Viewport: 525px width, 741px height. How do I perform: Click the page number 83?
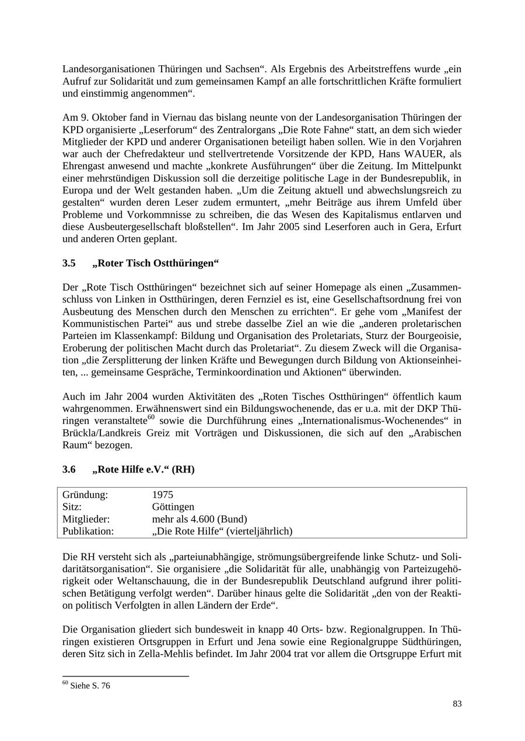(x=457, y=704)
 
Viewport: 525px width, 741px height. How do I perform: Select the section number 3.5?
(x=69, y=263)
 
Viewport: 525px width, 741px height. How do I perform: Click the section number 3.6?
(x=69, y=470)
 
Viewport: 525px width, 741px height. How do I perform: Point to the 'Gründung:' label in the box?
(x=85, y=495)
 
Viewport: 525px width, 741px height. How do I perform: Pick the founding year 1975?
(x=163, y=495)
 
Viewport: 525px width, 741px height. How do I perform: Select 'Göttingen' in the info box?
(x=173, y=507)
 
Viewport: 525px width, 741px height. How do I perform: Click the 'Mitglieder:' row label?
(x=86, y=519)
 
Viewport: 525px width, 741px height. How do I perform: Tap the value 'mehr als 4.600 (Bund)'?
(x=199, y=519)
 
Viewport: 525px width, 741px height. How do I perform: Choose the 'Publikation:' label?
(x=88, y=531)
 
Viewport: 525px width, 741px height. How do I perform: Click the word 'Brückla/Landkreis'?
(x=100, y=433)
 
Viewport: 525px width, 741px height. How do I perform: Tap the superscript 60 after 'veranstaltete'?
(x=151, y=418)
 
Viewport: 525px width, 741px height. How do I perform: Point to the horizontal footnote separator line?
(x=125, y=676)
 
